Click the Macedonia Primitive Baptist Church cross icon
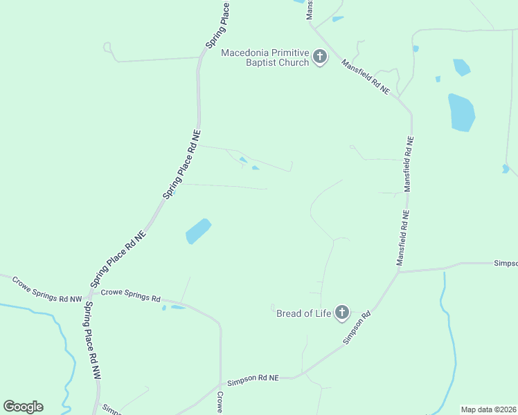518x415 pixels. pyautogui.click(x=319, y=57)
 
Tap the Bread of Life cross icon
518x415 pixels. pyautogui.click(x=341, y=313)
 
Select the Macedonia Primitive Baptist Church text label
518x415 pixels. pyautogui.click(x=265, y=57)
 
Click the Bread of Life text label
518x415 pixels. pyautogui.click(x=303, y=313)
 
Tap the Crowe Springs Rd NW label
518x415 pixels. pyautogui.click(x=47, y=289)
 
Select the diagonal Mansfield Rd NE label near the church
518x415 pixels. pyautogui.click(x=365, y=77)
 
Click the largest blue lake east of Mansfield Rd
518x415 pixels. pyautogui.click(x=462, y=112)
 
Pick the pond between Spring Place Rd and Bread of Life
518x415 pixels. pyautogui.click(x=198, y=231)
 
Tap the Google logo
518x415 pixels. pyautogui.click(x=23, y=407)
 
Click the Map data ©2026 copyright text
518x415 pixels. pyautogui.click(x=488, y=409)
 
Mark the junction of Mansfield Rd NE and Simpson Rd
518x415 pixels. pyautogui.click(x=399, y=272)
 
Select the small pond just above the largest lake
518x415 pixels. pyautogui.click(x=461, y=67)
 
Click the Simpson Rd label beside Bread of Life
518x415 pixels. pyautogui.click(x=357, y=328)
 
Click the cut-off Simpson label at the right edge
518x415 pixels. pyautogui.click(x=505, y=264)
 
